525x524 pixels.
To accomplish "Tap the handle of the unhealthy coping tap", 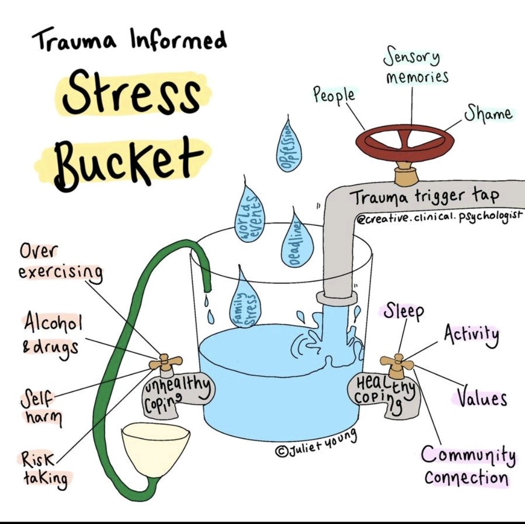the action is [166, 361].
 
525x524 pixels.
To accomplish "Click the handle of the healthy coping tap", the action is [397, 361].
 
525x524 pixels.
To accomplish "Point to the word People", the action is [334, 95].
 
